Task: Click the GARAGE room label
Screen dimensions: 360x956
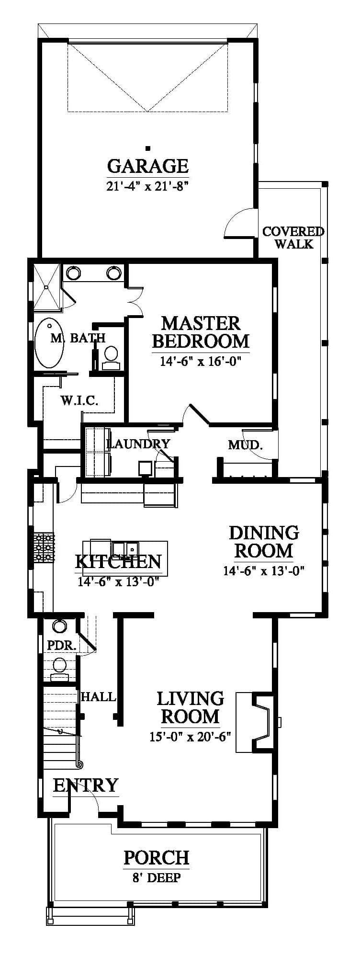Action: point(148,166)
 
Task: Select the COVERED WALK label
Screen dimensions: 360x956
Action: point(293,238)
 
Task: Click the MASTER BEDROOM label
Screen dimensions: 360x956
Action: point(201,332)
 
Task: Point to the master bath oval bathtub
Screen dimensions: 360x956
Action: point(49,343)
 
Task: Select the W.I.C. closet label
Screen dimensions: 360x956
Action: point(79,400)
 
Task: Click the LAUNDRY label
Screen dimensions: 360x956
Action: point(138,444)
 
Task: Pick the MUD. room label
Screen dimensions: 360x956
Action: point(245,445)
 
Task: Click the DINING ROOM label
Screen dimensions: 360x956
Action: point(264,542)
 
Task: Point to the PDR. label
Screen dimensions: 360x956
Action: point(62,645)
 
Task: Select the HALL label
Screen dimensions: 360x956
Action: point(98,697)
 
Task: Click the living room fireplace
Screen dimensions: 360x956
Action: point(256,722)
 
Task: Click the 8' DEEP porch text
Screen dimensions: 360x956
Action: point(157,878)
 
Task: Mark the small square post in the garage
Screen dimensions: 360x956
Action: point(148,148)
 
